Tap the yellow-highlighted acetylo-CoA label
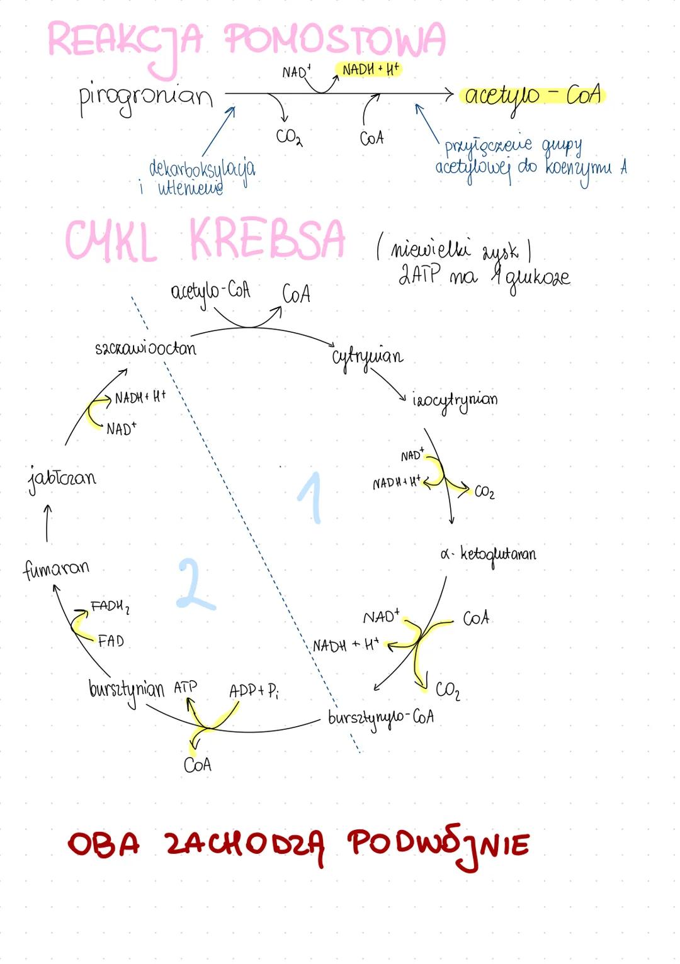point(533,96)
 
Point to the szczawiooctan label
point(145,348)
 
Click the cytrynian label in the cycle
point(367,357)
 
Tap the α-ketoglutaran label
point(489,554)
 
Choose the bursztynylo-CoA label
point(380,718)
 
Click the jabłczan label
point(62,478)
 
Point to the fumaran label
point(56,569)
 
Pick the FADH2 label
point(110,607)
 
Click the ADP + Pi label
point(254,691)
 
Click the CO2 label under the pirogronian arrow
point(289,137)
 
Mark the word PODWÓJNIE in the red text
point(439,845)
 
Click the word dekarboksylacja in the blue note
point(202,169)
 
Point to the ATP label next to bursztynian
point(185,687)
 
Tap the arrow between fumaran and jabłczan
point(47,523)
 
